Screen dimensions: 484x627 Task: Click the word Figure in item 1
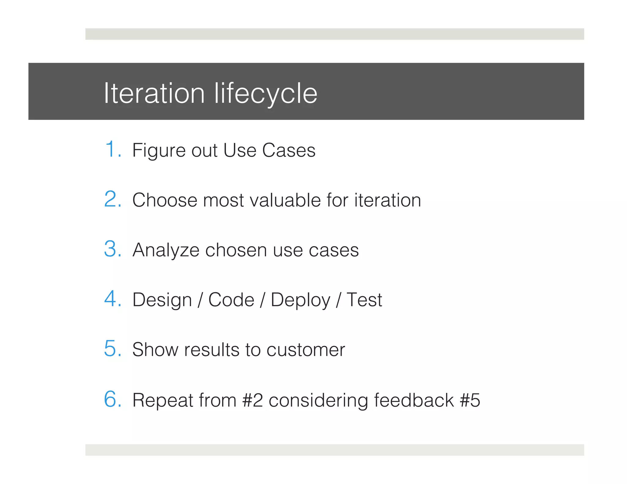(159, 151)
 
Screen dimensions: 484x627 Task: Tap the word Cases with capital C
(288, 151)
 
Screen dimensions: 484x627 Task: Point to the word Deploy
(301, 300)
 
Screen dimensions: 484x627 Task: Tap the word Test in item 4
(364, 300)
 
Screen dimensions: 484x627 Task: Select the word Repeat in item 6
(163, 400)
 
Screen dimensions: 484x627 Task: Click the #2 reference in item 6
(252, 400)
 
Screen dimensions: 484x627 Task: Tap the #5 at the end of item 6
(470, 400)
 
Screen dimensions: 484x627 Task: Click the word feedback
(414, 400)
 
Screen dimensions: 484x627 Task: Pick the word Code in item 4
(231, 300)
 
